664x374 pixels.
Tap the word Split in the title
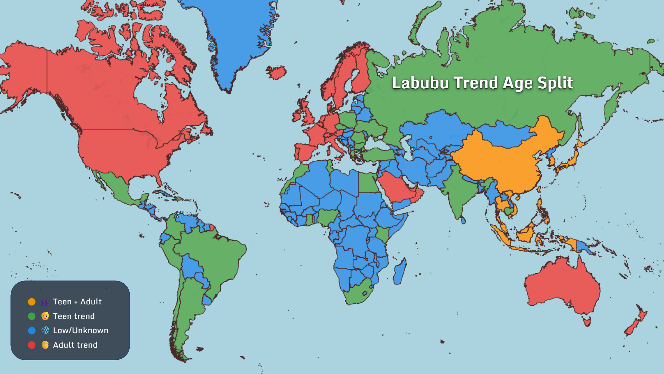(x=555, y=83)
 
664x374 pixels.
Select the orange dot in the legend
(x=32, y=302)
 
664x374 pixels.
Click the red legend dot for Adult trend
(x=32, y=345)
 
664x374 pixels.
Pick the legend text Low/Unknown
(x=81, y=330)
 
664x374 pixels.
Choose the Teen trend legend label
(x=74, y=316)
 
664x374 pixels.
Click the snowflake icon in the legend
(x=45, y=330)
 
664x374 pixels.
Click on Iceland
(x=276, y=72)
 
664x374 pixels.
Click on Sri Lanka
(x=463, y=220)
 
